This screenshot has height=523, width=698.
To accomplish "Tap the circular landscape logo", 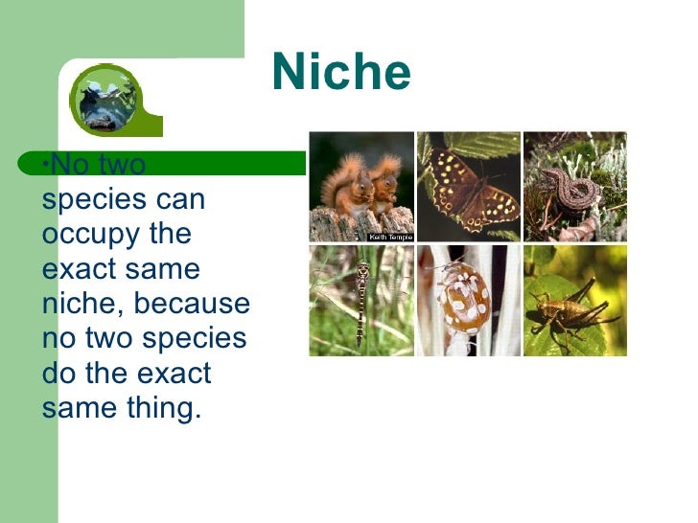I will (x=105, y=99).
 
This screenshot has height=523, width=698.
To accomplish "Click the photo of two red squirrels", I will (x=361, y=186).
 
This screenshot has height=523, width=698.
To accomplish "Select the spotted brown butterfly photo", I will (x=468, y=186).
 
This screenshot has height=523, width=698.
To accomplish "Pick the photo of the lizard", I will (x=574, y=186).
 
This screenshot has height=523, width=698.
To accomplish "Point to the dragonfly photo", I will (x=361, y=301).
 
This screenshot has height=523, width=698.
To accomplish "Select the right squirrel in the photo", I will (x=384, y=182).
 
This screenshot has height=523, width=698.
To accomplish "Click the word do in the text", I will (x=59, y=374).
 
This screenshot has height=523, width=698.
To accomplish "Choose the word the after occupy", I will (x=168, y=236).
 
